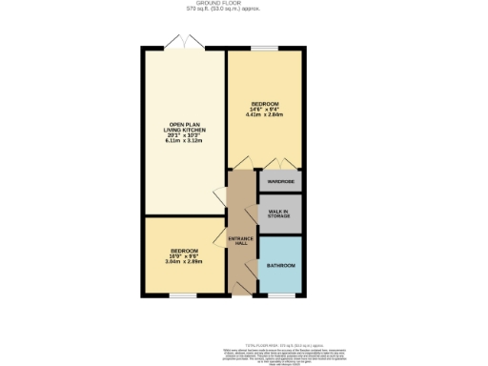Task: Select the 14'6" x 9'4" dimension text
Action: (x=265, y=110)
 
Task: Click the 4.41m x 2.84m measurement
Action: (x=265, y=115)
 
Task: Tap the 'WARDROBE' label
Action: (x=280, y=181)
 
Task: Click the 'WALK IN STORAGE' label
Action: (x=280, y=213)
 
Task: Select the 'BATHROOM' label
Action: (x=280, y=265)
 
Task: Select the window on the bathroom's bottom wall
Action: (x=280, y=296)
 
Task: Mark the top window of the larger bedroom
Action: (x=265, y=47)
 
